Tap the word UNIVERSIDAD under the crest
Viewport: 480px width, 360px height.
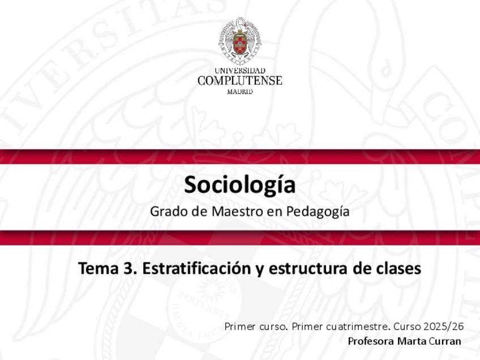239,71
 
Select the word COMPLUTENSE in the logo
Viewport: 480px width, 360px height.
239,81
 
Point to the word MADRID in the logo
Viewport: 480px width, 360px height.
239,92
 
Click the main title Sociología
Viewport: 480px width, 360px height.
239,186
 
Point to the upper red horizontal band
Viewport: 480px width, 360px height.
240,157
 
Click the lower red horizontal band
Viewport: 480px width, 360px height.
240,238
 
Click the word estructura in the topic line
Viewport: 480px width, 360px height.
308,268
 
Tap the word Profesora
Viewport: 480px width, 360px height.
371,341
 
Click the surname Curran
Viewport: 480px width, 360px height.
445,341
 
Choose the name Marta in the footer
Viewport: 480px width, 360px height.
412,341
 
